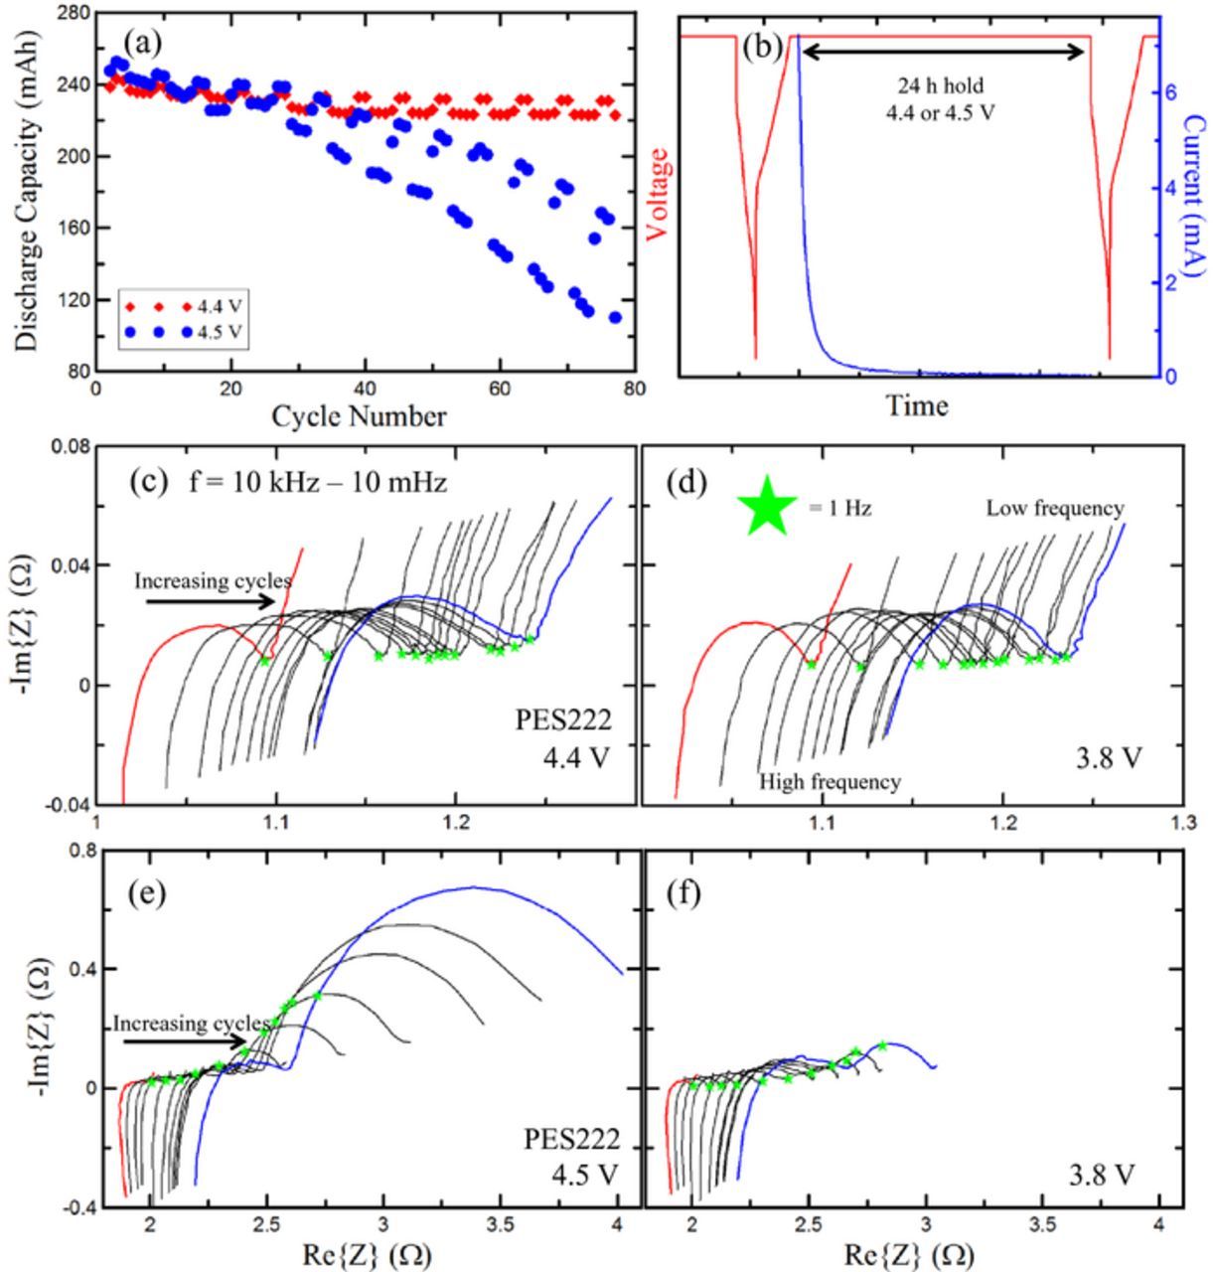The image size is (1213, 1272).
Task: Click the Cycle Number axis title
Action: pos(359,416)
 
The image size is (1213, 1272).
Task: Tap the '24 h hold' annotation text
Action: pos(940,85)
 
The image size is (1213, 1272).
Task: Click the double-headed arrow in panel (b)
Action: pos(941,52)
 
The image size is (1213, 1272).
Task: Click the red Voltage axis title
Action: pos(657,195)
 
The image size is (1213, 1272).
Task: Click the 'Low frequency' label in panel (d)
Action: pos(1054,509)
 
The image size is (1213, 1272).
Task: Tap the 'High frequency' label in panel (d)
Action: pos(831,782)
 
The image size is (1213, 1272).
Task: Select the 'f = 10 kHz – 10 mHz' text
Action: pos(318,483)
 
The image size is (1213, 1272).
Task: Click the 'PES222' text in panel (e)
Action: pos(570,1139)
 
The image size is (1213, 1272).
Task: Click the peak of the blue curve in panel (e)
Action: pos(472,886)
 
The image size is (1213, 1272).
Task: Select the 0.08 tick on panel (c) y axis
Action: pos(70,447)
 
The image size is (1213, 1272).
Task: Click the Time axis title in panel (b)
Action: pos(917,405)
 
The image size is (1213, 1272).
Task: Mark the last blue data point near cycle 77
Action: pos(615,318)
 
